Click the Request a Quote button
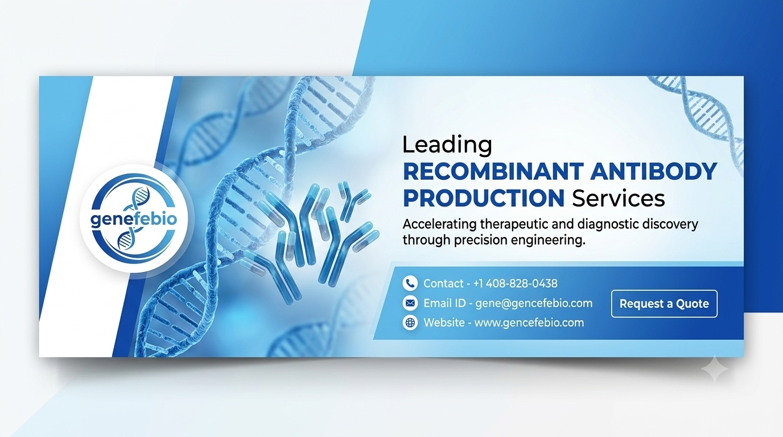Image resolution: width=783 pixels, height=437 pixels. [x=664, y=303]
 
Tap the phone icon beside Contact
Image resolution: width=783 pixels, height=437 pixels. [x=410, y=283]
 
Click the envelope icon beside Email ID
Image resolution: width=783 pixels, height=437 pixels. [x=410, y=303]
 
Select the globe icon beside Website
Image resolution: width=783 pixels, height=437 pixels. [x=410, y=322]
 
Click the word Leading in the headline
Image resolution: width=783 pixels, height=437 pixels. [x=447, y=146]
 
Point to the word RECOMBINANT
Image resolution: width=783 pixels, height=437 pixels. [x=493, y=171]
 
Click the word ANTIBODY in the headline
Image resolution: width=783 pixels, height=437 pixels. [x=654, y=171]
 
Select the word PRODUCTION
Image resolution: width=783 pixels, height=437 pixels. [x=484, y=198]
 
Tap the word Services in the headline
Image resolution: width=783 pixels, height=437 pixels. [x=619, y=198]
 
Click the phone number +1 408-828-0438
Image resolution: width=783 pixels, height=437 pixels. [x=515, y=283]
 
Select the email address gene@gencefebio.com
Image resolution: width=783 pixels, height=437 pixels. [x=534, y=303]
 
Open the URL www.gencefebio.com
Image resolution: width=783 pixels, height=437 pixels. [x=529, y=322]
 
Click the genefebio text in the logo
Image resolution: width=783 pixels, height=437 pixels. [x=134, y=220]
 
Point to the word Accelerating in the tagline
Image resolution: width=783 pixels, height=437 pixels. [x=440, y=224]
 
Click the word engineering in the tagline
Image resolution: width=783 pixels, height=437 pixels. [x=546, y=241]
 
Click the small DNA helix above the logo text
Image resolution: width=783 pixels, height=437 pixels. [x=140, y=198]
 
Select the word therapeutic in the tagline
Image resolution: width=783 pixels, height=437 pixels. [x=514, y=224]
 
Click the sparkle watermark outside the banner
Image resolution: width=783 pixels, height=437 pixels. [x=715, y=369]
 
